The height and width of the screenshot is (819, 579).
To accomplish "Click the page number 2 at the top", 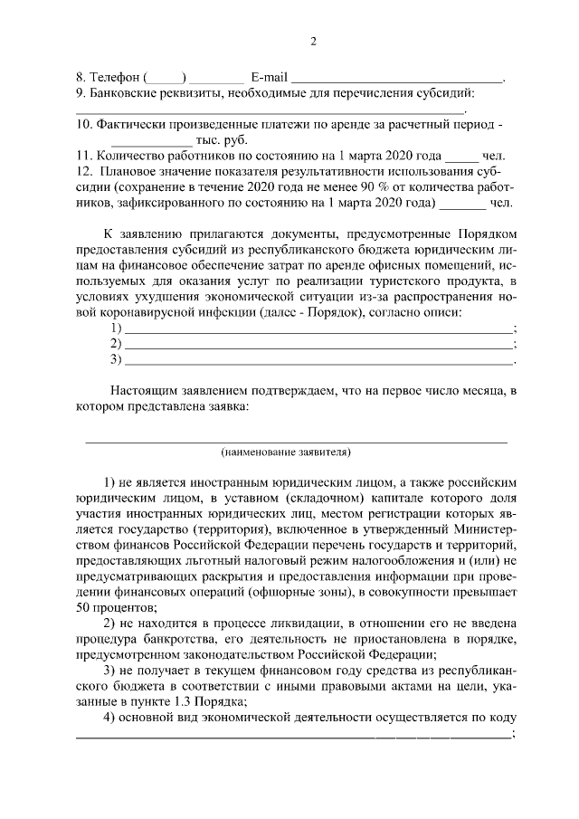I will click(313, 42).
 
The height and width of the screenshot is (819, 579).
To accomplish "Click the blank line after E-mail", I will click(397, 80).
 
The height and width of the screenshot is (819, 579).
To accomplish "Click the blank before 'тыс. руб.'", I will click(151, 143).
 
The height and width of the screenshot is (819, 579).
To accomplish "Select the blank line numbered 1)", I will click(318, 329).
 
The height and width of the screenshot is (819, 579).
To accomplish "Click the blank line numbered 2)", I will click(318, 346).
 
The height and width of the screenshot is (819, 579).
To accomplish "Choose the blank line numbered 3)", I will click(318, 362).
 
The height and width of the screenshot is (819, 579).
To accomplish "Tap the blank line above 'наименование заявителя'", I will click(296, 439).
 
